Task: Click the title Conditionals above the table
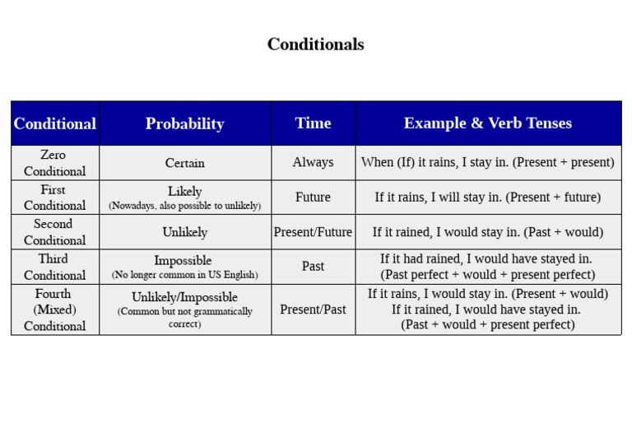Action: (315, 44)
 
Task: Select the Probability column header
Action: (184, 123)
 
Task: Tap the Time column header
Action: (313, 123)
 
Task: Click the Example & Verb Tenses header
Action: (487, 123)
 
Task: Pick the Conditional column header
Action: (54, 123)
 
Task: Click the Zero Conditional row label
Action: (54, 163)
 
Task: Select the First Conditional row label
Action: (54, 198)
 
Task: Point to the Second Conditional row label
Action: (54, 232)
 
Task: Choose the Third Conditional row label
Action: (54, 267)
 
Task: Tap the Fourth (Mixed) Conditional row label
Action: (54, 310)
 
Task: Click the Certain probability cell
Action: (184, 163)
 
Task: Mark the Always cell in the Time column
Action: (313, 162)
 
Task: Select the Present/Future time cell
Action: (313, 232)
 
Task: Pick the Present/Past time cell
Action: (313, 310)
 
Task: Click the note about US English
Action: (184, 275)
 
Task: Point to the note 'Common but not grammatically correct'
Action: (184, 318)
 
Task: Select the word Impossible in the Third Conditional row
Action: (183, 261)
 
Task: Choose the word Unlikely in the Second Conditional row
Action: (184, 232)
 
